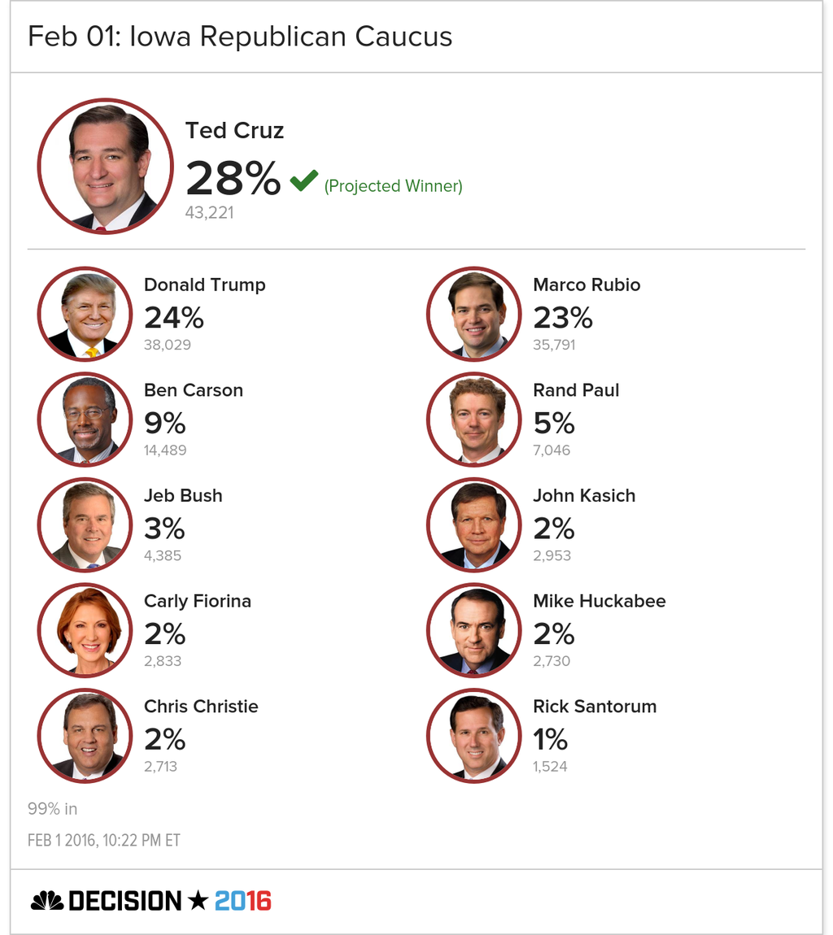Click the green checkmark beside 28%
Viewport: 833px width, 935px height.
[303, 180]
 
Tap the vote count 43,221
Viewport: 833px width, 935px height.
[210, 213]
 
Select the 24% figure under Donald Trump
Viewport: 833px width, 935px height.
[173, 318]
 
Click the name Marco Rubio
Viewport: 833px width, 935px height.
[587, 285]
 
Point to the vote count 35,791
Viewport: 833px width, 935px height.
[554, 345]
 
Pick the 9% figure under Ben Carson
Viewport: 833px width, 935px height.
[164, 424]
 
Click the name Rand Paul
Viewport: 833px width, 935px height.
[576, 390]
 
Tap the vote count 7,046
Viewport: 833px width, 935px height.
[552, 450]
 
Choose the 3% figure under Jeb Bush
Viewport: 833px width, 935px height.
[164, 529]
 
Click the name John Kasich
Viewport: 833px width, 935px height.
[584, 495]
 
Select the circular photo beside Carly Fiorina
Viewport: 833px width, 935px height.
[85, 630]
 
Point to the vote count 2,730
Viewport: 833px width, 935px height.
[552, 661]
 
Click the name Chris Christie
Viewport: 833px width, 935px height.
[201, 707]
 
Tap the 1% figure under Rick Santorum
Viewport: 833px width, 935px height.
[550, 739]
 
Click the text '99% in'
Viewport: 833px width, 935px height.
[53, 809]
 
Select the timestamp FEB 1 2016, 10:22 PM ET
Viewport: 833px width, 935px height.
[104, 841]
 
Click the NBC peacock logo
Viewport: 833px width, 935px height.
[47, 901]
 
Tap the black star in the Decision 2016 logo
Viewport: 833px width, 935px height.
[198, 900]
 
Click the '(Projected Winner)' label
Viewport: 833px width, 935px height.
[393, 186]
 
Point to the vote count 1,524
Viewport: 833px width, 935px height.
[550, 767]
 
